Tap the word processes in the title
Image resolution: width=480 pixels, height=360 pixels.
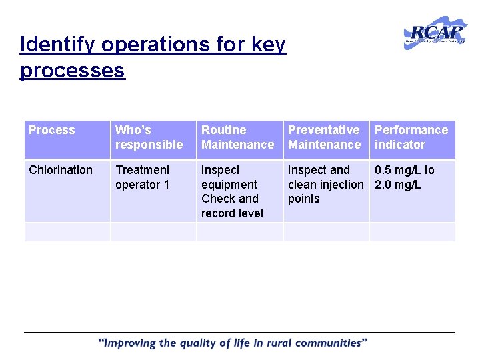[73, 70]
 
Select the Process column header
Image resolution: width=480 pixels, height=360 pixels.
[52, 130]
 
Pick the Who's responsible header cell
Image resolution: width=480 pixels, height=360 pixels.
[149, 137]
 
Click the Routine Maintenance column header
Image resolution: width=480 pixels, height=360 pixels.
[237, 137]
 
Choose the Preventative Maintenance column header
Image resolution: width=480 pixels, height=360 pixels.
[324, 137]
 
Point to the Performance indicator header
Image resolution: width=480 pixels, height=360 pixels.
[411, 137]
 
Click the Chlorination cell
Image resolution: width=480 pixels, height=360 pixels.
[61, 170]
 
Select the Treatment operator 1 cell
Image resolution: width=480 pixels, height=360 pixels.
[143, 177]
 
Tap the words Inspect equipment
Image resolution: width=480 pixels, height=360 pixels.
[229, 177]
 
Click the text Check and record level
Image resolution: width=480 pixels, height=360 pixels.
[232, 206]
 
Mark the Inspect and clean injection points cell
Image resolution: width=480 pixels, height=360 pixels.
[325, 185]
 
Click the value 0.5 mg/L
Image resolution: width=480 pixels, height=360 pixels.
[404, 170]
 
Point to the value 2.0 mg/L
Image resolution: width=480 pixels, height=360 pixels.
[397, 185]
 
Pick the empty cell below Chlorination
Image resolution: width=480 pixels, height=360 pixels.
[67, 232]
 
